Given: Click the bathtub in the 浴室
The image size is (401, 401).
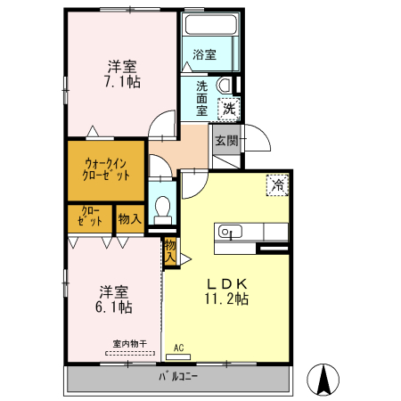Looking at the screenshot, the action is (x=211, y=24).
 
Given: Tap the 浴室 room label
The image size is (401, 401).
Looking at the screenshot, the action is (x=204, y=54).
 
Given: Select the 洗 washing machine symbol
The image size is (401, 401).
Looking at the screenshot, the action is (x=229, y=109).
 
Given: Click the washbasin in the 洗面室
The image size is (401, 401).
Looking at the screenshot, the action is (x=225, y=85).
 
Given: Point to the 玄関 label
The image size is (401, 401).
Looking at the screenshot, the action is (x=226, y=141).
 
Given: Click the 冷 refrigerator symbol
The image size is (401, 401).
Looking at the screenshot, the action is (x=277, y=185).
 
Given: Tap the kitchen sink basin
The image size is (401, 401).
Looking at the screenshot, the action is (x=230, y=232).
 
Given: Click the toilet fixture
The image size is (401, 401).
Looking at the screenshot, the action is (x=162, y=210).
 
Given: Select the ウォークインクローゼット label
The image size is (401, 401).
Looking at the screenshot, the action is (x=106, y=169).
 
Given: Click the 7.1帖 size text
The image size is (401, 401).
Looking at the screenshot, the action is (x=122, y=82).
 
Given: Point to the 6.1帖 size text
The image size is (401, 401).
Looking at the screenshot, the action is (x=114, y=307).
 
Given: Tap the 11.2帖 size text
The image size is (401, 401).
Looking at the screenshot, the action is (x=226, y=299).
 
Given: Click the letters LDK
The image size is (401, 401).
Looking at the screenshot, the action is (x=227, y=284).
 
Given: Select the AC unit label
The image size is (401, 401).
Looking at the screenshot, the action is (x=179, y=348).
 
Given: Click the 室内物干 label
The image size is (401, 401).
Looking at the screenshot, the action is (x=130, y=344).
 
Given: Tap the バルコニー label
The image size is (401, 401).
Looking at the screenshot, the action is (x=178, y=377).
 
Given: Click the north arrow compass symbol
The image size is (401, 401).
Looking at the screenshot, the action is (x=323, y=380).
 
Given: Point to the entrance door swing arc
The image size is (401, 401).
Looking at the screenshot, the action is (x=262, y=131).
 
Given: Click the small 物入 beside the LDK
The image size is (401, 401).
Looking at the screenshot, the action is (x=170, y=251).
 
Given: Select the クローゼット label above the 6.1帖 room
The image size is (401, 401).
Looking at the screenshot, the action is (x=90, y=217).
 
